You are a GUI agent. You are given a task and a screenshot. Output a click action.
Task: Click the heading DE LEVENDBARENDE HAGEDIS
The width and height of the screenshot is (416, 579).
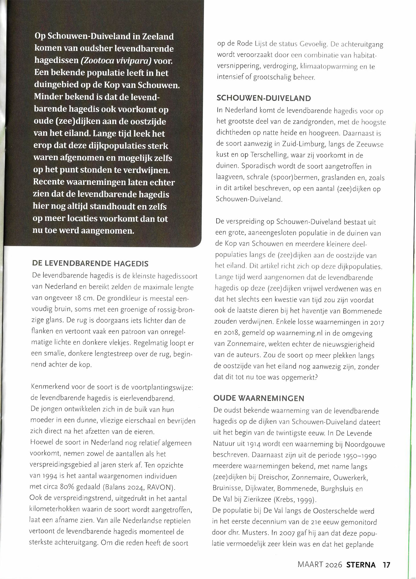(90, 263)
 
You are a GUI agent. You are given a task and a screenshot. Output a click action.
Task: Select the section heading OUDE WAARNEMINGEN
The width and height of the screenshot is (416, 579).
(259, 398)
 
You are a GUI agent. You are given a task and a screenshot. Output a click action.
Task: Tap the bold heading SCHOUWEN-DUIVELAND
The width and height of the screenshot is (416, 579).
(264, 98)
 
